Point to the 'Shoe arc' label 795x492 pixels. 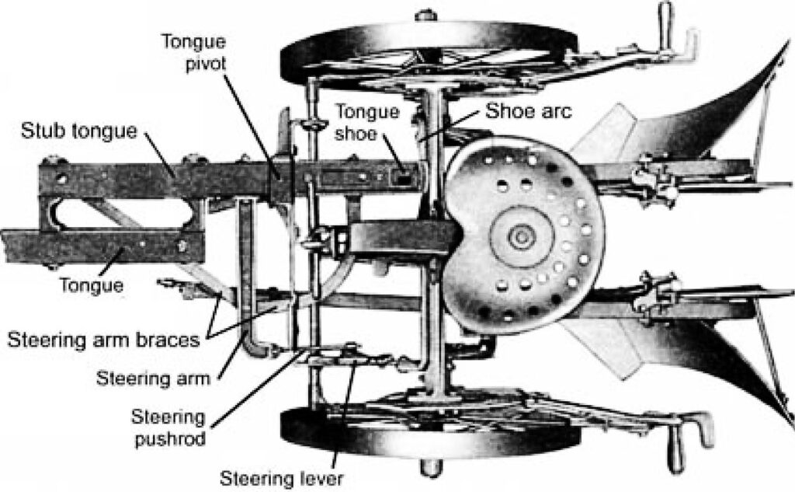click(x=528, y=111)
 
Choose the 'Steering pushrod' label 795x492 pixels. click(x=169, y=427)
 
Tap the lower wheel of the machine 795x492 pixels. click(x=431, y=432)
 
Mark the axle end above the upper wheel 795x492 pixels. click(x=425, y=13)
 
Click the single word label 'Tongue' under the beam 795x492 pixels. click(x=91, y=285)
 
